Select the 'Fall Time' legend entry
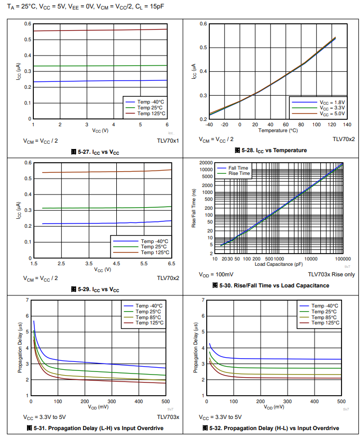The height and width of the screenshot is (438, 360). click(238, 168)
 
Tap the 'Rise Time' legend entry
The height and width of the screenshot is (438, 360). click(239, 173)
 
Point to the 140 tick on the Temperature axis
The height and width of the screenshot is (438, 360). click(347, 125)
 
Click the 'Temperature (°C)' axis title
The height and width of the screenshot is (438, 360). click(278, 130)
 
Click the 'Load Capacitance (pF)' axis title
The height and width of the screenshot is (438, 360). click(279, 264)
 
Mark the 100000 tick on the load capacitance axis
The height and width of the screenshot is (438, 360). click(343, 259)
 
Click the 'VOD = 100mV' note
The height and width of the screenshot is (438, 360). click(216, 275)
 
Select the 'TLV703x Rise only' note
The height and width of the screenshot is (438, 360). click(331, 275)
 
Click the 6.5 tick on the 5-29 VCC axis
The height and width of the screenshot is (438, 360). click(171, 263)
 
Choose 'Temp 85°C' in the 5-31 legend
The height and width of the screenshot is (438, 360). click(149, 317)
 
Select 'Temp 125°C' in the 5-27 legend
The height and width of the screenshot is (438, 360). click(151, 114)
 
